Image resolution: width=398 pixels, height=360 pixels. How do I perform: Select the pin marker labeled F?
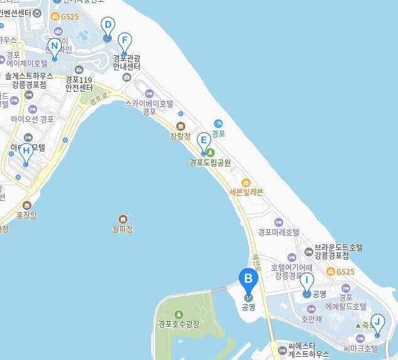point(124,42)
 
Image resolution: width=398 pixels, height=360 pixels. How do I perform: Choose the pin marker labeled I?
point(306,283)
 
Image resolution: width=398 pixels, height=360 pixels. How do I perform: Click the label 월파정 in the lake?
point(122,229)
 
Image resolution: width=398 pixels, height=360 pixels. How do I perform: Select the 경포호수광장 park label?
point(178,324)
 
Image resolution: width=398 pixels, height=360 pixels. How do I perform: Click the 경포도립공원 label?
point(210,162)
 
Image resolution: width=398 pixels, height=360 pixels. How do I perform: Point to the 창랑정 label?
point(181,135)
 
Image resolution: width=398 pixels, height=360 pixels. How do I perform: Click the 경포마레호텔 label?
point(279,232)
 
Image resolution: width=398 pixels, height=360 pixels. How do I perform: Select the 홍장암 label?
point(26,215)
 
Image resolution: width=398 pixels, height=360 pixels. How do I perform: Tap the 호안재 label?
point(311,319)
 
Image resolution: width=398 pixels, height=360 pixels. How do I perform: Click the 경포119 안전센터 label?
point(79,84)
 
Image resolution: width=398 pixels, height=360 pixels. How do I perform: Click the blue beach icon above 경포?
point(218,123)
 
